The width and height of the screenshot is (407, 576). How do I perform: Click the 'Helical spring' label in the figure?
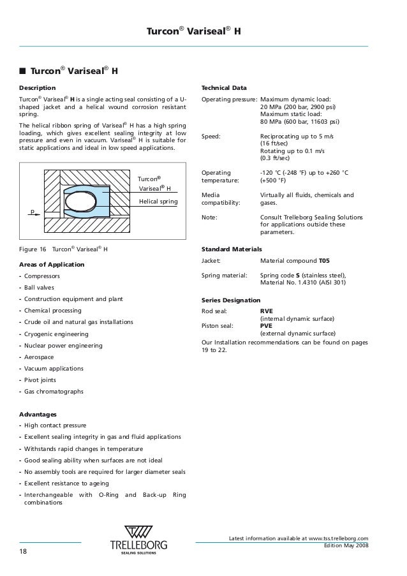coord(158,202)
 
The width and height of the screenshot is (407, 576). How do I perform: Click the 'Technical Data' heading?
coord(224,87)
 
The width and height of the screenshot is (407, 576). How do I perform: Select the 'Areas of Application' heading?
coord(52,264)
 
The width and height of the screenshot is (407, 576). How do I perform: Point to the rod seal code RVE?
coord(267,311)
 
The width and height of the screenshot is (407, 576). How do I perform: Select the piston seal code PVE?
coord(266,325)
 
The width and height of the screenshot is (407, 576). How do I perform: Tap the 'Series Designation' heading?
coord(230,300)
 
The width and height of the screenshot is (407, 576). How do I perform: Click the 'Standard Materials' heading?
coord(232,249)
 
